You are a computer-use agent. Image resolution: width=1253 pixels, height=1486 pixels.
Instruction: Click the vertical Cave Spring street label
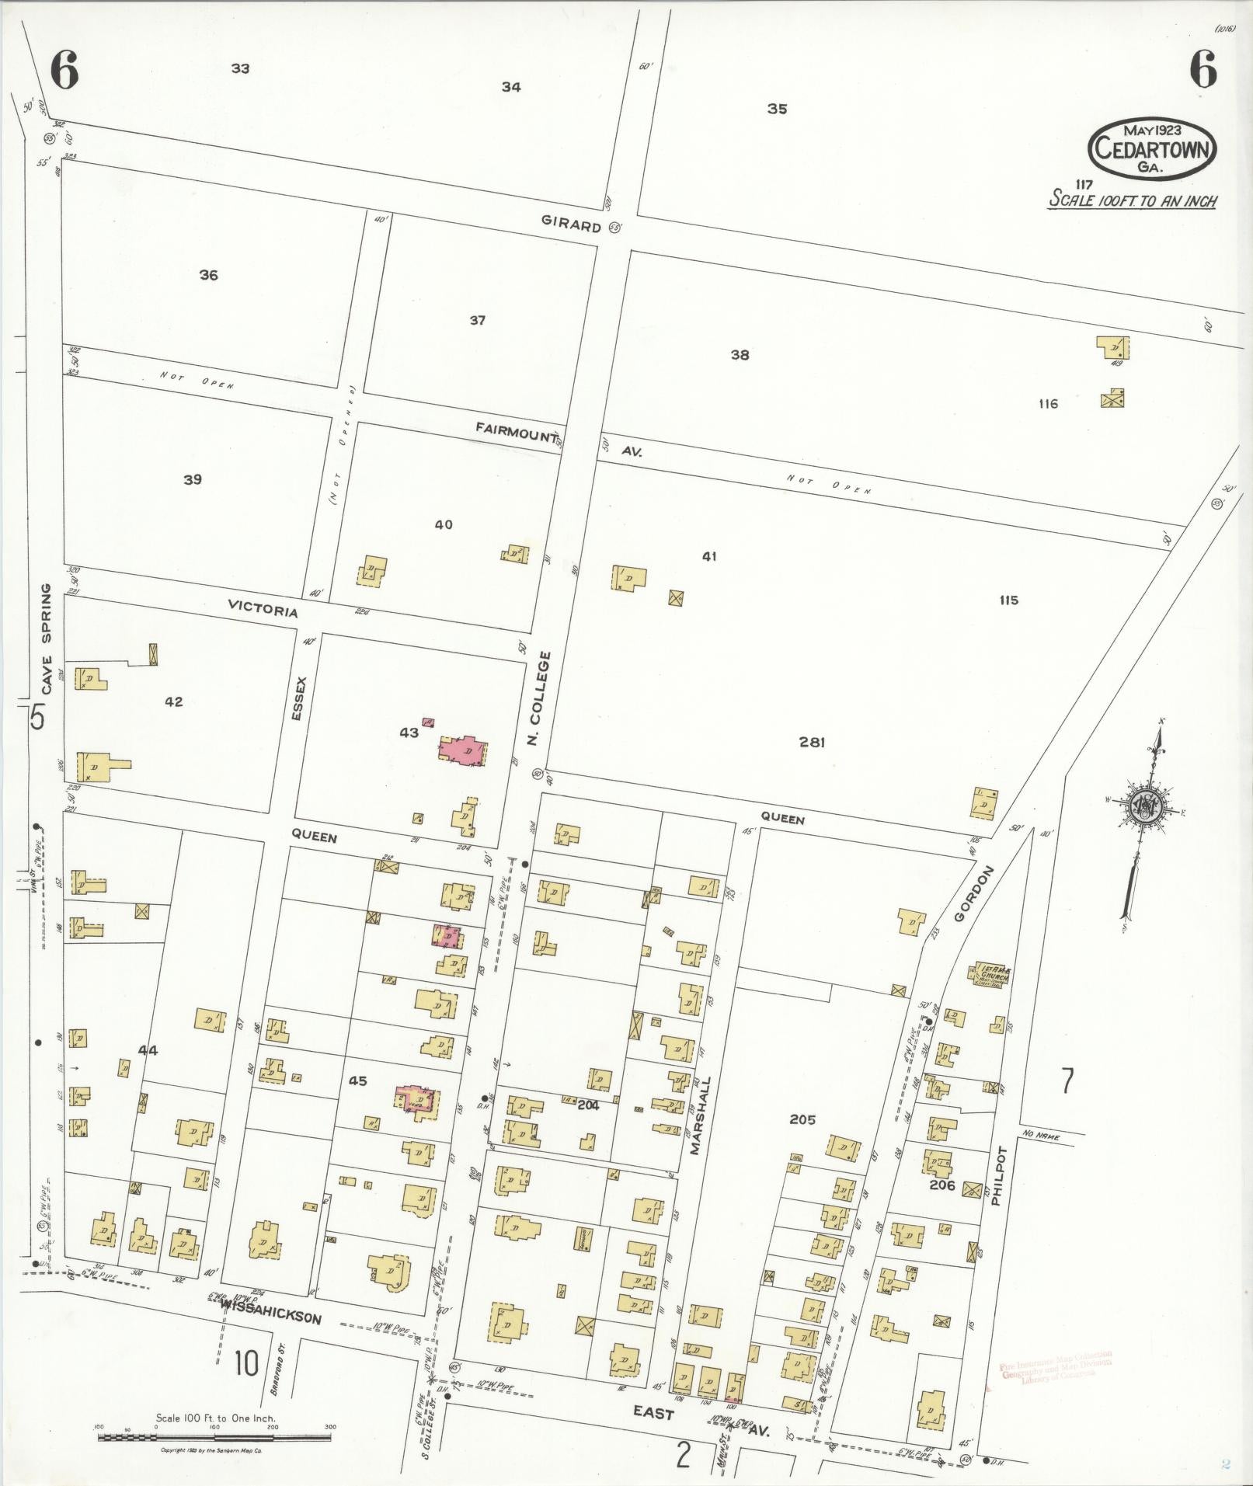click(47, 639)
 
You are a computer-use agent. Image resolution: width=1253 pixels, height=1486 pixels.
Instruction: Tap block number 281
click(812, 743)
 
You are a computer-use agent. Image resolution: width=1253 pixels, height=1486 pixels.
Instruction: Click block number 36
click(208, 275)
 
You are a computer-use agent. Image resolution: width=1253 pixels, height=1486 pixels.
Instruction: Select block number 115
click(1008, 600)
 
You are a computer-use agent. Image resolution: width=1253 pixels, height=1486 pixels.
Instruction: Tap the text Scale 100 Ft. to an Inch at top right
click(1133, 200)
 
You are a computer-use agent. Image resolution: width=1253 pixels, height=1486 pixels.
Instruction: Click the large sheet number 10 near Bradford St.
click(245, 1362)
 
